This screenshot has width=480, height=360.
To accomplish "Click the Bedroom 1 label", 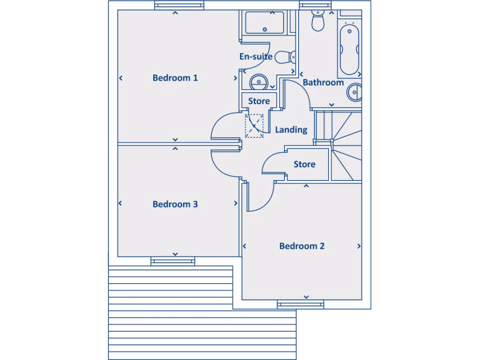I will tap(175, 78).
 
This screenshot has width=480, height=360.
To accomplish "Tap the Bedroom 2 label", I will tap(301, 246).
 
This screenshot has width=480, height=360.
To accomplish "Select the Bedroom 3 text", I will tap(175, 204).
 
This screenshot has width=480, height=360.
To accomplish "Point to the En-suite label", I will tap(255, 57).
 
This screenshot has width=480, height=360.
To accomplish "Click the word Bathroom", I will tap(323, 82).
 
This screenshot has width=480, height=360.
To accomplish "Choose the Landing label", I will tap(291, 130).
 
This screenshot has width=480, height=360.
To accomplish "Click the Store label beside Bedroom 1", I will tap(259, 101).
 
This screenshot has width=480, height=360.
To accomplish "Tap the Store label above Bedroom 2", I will tap(304, 165).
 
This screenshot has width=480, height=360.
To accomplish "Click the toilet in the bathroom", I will tap(318, 21).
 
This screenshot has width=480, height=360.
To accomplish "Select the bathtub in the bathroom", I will tap(349, 50).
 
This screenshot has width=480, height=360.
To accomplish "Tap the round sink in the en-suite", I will tap(258, 82).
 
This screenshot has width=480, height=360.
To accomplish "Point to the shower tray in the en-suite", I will tap(264, 22).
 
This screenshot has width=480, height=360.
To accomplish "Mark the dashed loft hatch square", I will tap(255, 126).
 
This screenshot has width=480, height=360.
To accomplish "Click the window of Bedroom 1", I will tap(175, 6).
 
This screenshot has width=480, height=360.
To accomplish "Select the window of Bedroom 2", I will tap(300, 305).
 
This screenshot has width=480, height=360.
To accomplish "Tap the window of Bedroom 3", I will tap(173, 261).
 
